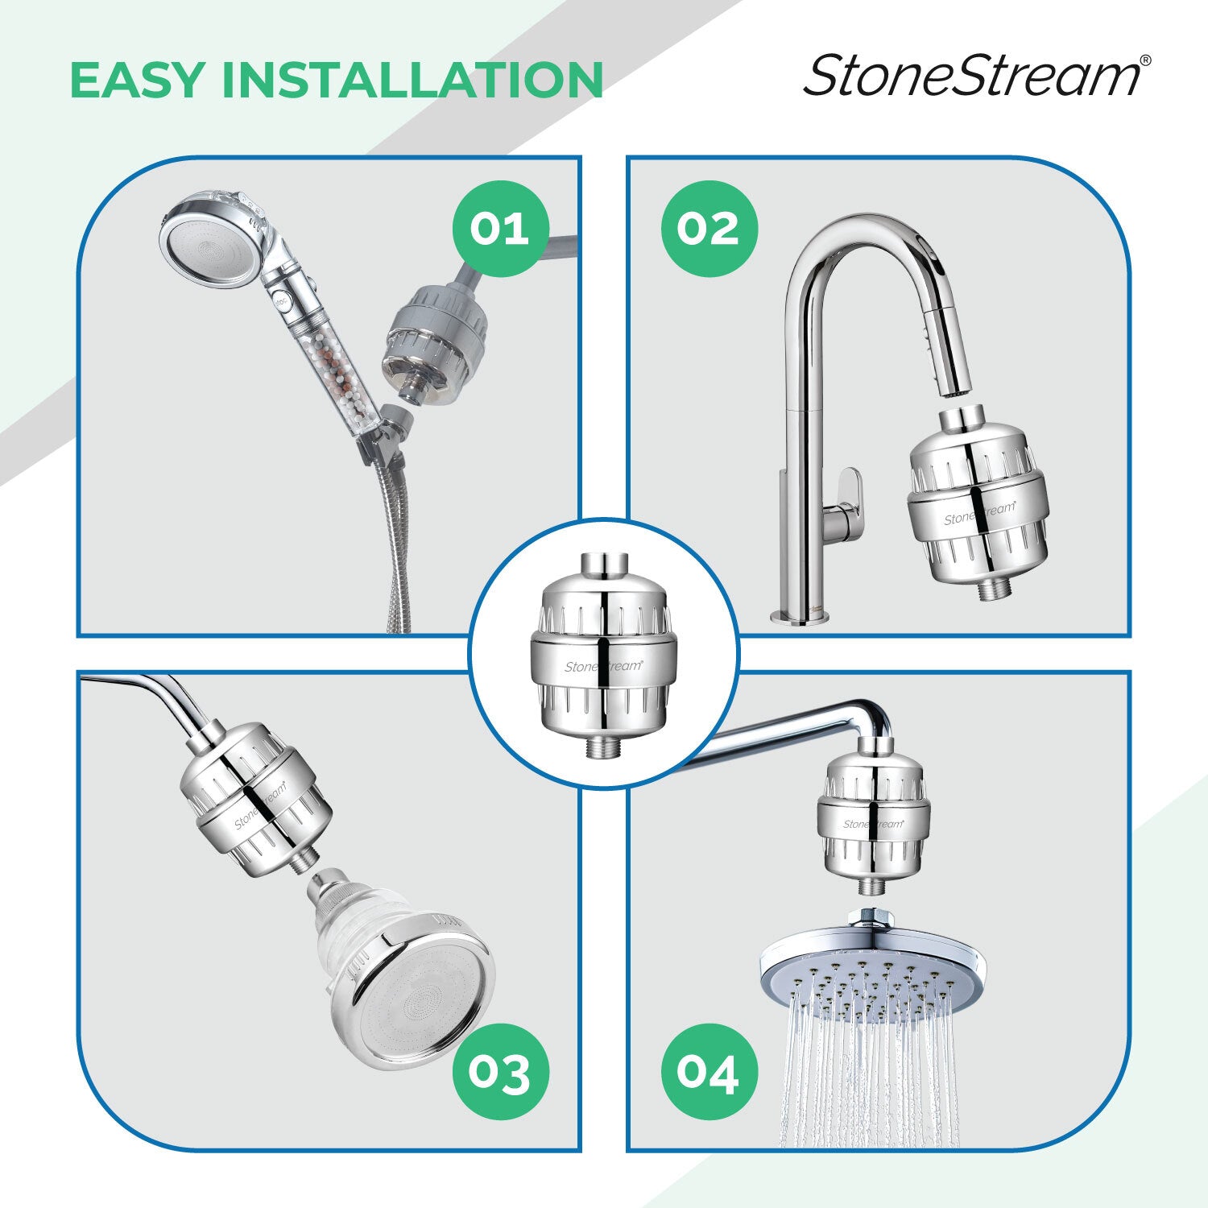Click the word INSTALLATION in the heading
[412, 79]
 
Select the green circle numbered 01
[499, 229]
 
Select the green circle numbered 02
[709, 229]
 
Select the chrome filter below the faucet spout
[977, 503]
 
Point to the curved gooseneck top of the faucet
[870, 234]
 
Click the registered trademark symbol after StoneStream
[1146, 60]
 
